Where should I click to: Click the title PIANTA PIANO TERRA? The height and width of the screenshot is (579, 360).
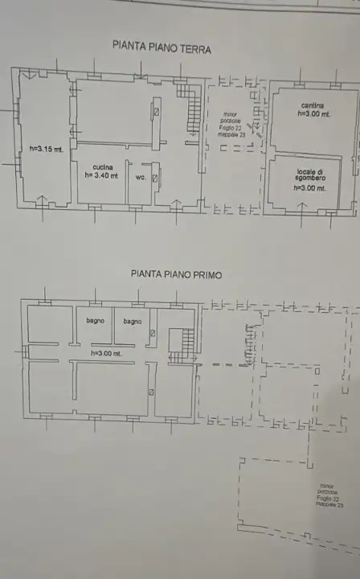pos(162,48)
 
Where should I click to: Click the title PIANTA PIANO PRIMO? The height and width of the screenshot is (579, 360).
pos(176,273)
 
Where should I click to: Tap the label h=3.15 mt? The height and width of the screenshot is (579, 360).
pos(47,149)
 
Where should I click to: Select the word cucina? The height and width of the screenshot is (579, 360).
pos(100,166)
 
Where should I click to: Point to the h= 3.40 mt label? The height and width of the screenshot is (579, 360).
pos(100,175)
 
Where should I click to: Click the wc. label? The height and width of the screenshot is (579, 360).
pos(140,177)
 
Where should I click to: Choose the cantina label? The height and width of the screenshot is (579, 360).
pos(313,106)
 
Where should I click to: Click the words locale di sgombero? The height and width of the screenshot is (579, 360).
pos(309,175)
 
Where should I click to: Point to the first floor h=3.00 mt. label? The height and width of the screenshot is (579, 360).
pos(106,353)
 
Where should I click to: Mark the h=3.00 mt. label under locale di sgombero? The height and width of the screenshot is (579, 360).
pos(309,188)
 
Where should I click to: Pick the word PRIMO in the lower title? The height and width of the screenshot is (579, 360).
pos(206,273)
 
